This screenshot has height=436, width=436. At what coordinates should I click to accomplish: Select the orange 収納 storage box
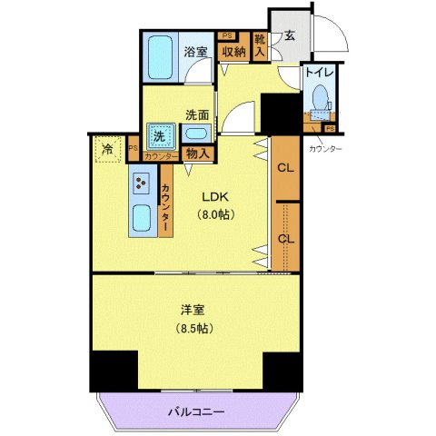pos(233,52)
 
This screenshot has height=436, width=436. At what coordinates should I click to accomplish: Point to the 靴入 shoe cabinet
pos(261,47)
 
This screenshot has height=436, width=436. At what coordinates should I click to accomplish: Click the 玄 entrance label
pos(289,36)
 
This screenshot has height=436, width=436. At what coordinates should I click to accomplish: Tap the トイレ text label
pos(318,73)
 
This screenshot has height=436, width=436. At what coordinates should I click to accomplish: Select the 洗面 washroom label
pos(197,115)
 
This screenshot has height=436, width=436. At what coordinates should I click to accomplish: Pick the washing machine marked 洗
pos(158,135)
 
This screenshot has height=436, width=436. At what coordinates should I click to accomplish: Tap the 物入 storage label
pos(197,154)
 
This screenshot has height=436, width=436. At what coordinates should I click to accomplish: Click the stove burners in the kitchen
pos(143,184)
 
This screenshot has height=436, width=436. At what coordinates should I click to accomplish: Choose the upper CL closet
pos(285,168)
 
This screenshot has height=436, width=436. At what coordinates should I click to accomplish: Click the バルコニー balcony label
pos(195,412)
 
